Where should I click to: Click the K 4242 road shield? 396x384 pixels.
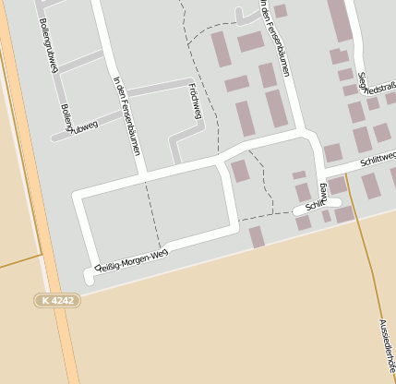click(x=57, y=300)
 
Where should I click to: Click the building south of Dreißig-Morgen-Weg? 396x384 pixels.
click(x=257, y=237)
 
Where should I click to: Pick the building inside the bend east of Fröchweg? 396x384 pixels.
click(x=240, y=171)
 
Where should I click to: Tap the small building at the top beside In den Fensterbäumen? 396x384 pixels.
click(x=280, y=11)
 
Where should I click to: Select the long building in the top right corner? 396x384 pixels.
click(x=340, y=18)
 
